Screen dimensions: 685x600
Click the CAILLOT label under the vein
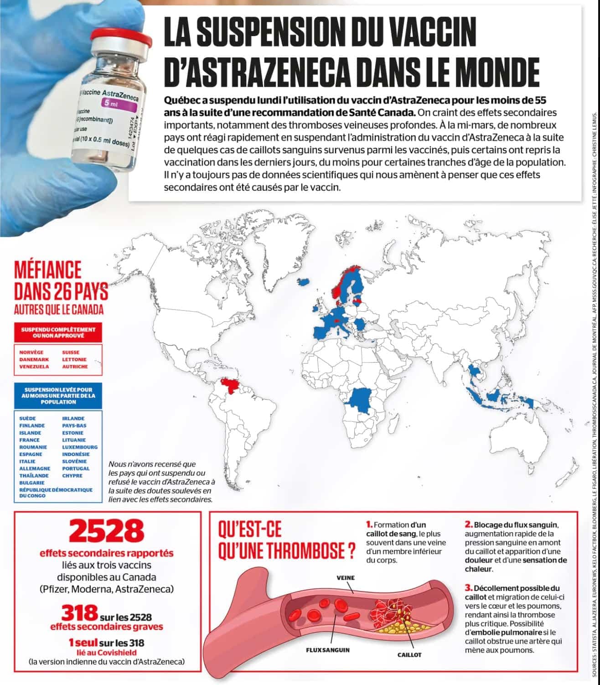409,654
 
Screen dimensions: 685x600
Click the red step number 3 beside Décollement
468,588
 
